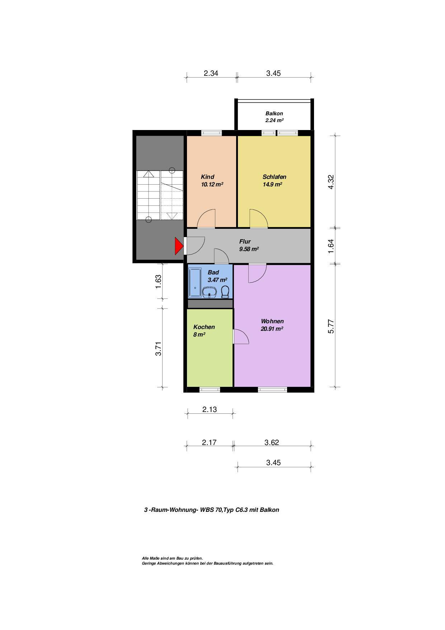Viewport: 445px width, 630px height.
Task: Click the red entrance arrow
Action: coord(179,246)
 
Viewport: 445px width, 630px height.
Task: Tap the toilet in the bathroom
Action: coord(225,292)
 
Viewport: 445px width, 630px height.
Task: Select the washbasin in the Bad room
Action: coord(209,292)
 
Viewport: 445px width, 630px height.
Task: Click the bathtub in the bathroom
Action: coord(195,283)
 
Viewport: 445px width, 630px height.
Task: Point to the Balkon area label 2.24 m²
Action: coord(275,121)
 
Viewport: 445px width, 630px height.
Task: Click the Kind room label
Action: coord(207,177)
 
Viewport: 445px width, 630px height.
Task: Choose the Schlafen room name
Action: coord(274,177)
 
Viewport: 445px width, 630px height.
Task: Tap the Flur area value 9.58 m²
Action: coord(249,249)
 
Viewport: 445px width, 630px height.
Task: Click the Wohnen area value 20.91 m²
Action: coord(272,329)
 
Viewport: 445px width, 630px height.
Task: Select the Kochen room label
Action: coord(204,327)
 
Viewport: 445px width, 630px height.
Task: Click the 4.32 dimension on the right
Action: coord(331,182)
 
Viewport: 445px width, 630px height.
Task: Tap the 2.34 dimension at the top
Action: coord(211,73)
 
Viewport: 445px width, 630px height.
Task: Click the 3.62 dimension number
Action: coord(272,443)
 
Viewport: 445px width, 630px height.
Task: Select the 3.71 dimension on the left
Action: coord(158,348)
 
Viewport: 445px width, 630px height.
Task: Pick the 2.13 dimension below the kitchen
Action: coord(210,409)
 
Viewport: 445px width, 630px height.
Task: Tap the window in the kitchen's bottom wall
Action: coord(210,389)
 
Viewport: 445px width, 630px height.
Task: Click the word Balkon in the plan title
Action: coord(270,510)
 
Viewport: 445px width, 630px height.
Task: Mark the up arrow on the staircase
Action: coord(149,174)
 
